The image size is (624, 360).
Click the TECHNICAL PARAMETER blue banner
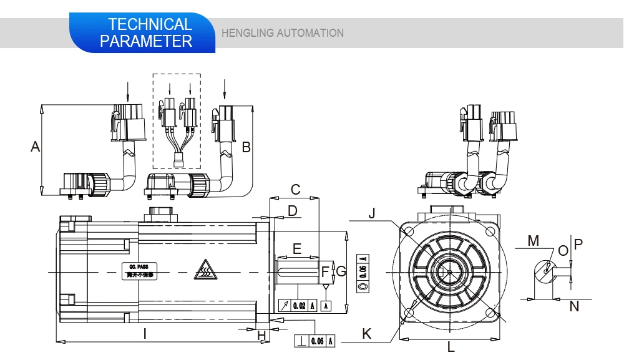coord(146,33)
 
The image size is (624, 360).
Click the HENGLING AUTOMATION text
coord(283,33)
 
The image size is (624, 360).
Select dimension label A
coord(36,147)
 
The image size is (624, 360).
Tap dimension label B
coord(246,147)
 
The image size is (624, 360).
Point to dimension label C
coord(296,189)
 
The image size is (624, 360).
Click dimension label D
coord(293,210)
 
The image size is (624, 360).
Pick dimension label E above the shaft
coord(297,249)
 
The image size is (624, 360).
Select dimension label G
coord(341,271)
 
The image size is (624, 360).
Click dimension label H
coord(262,336)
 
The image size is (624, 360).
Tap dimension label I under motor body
coord(145,334)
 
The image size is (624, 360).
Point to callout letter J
coord(372,213)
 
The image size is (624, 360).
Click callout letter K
coord(367,334)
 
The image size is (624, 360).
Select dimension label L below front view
coord(451,347)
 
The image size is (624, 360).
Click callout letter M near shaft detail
coord(532,240)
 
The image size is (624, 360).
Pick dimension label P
coord(577,245)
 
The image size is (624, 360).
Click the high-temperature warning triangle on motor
coord(205,270)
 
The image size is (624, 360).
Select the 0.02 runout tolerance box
coord(297,305)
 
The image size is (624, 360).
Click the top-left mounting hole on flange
coord(409,232)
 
